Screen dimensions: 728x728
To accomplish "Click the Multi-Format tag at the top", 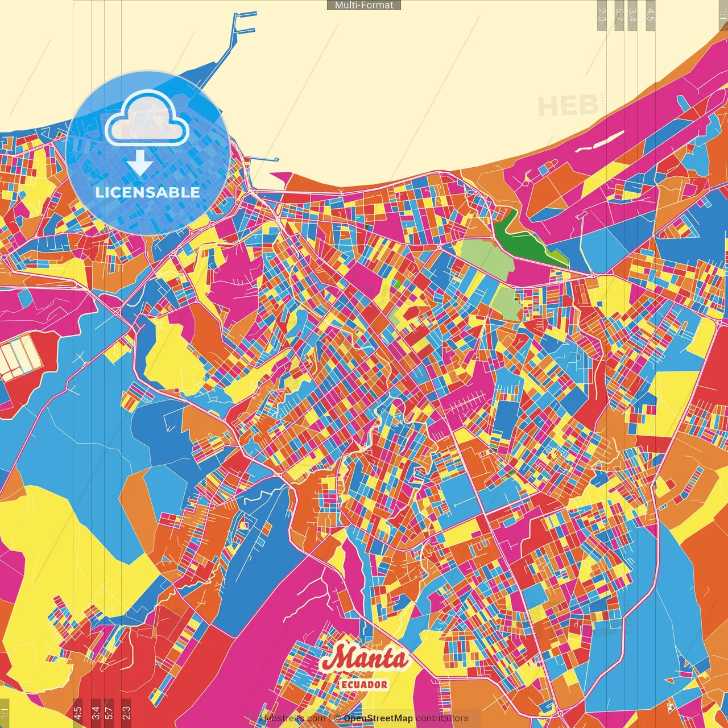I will pos(364,5).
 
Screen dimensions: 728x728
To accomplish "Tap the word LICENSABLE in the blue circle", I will pos(148,192).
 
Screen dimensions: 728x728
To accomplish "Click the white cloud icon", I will pos(147,119).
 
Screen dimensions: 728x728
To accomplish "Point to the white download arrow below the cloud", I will pos(140,164).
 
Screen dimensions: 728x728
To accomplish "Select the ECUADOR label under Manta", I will pos(364,685).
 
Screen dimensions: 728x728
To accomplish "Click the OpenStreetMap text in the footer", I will pos(378,718).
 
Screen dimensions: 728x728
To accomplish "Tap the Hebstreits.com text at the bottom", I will pos(292,718).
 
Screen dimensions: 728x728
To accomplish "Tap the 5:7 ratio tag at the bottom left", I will pos(109,712).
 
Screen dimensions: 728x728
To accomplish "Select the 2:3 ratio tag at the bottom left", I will pos(126,712).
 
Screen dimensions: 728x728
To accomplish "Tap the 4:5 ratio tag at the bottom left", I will pos(77,712).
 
